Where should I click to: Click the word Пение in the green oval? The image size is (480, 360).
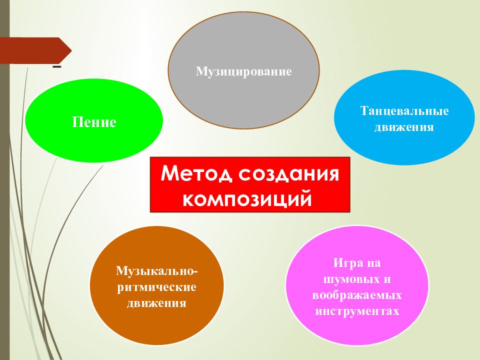tap(94, 122)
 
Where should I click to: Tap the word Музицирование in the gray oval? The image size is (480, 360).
tap(243, 72)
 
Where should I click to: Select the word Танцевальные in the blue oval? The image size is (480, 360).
tap(404, 111)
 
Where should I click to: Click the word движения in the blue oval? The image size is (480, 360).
tap(404, 127)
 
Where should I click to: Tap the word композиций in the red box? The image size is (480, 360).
tap(250, 198)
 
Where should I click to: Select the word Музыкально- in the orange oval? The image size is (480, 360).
tap(157, 271)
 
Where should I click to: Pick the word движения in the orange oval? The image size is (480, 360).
tap(157, 303)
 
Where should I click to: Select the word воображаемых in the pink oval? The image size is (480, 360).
tap(357, 295)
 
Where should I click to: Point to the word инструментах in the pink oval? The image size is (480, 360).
tap(357, 311)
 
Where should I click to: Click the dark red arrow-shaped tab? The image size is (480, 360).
tap(35, 50)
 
